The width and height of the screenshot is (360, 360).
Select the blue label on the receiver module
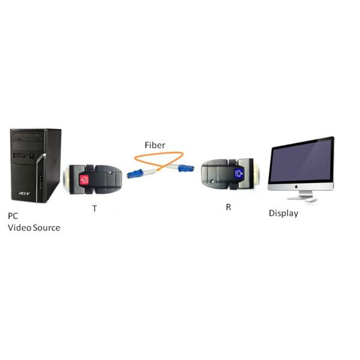point(239,173)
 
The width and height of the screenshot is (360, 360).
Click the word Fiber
point(155,145)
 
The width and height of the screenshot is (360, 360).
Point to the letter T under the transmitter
point(94,209)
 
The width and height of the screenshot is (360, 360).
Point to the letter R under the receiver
point(227,207)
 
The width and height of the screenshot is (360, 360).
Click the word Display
point(283,213)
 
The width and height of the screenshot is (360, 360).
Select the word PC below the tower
point(13,215)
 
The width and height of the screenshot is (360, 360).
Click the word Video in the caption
point(19,227)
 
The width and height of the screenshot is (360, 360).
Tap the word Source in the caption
point(46,227)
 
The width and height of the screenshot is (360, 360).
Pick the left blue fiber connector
point(134,174)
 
